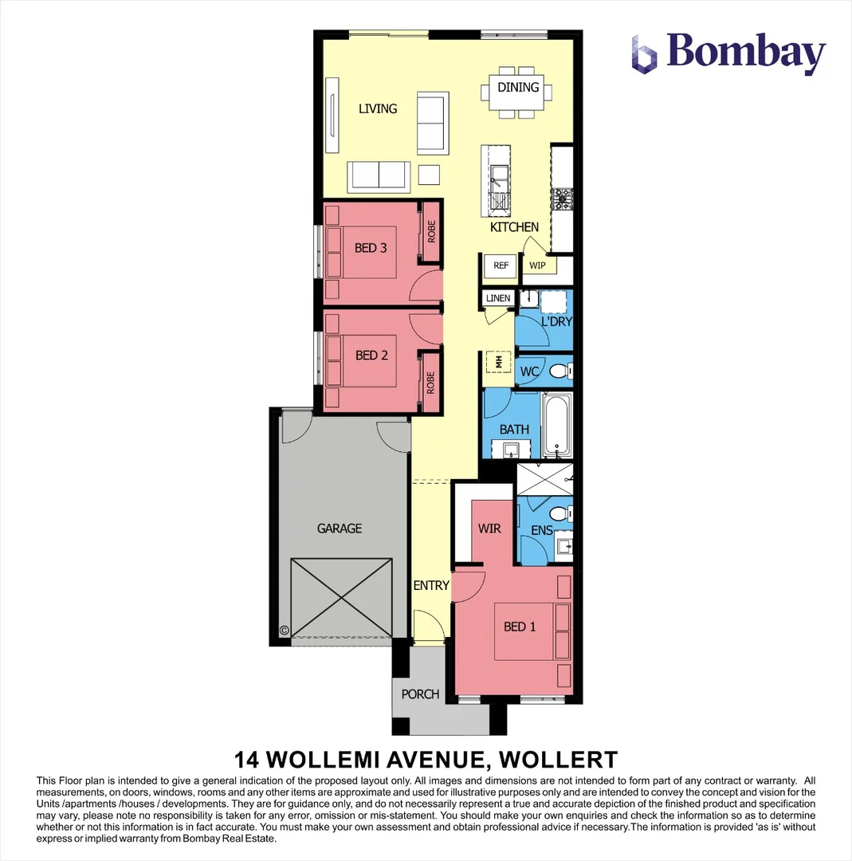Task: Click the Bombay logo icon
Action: [644, 54]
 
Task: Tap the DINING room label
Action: [518, 87]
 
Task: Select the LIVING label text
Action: [378, 108]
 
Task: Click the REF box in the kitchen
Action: [501, 265]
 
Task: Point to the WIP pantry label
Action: [537, 265]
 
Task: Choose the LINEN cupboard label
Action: [497, 298]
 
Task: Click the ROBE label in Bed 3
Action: [431, 232]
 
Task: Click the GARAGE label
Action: [340, 528]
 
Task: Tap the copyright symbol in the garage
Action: [284, 630]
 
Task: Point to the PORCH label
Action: [420, 694]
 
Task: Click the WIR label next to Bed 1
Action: [489, 528]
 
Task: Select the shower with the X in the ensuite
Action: [544, 478]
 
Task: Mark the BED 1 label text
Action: [520, 627]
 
